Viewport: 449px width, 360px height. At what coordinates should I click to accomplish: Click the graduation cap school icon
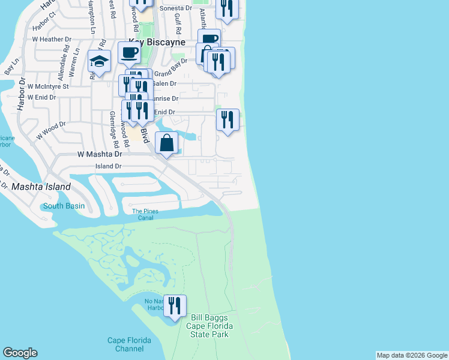(x=99, y=61)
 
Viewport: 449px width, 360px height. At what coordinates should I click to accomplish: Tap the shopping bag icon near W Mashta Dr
(x=166, y=143)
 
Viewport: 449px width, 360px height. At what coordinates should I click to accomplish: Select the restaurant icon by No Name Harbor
(x=175, y=306)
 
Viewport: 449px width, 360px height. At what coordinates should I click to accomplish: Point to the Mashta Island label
(x=41, y=187)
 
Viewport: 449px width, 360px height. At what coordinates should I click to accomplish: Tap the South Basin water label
(x=64, y=206)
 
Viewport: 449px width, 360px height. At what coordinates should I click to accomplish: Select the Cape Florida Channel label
(x=130, y=344)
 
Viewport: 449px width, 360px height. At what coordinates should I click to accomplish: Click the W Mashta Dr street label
(x=96, y=154)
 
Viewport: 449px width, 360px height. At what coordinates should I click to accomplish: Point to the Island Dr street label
(x=109, y=166)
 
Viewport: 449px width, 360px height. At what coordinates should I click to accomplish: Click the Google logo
(x=20, y=353)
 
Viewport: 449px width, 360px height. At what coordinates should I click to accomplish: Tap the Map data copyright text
(x=411, y=355)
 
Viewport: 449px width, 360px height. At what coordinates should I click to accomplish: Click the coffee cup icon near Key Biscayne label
(x=129, y=52)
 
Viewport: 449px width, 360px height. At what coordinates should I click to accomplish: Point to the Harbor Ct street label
(x=44, y=27)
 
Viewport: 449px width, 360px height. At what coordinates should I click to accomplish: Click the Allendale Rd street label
(x=62, y=65)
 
